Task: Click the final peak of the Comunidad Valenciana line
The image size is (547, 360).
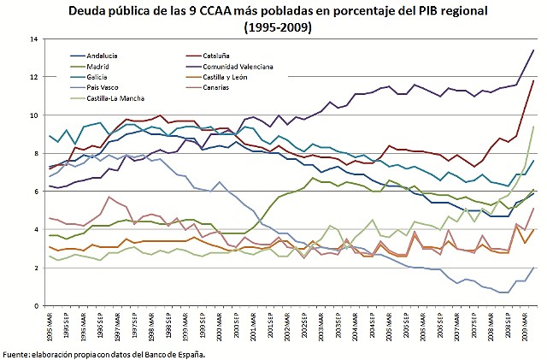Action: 533,50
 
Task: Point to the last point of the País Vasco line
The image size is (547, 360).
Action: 533,268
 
